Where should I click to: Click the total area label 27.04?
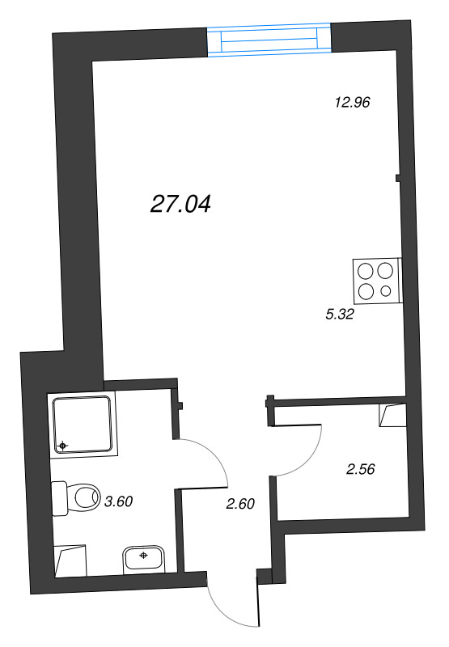coord(180,204)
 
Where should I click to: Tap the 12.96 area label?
coord(352,102)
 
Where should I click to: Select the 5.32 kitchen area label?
coord(340,315)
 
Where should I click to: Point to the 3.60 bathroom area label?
coord(118,501)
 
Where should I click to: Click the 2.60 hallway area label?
coord(240,503)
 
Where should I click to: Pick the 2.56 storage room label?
coord(361,469)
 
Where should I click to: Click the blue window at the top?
coord(269,39)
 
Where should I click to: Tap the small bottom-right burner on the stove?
coord(386,291)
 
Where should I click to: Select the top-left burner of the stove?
coord(366,271)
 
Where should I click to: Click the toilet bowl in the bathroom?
coord(87,497)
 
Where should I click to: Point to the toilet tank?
coord(60,498)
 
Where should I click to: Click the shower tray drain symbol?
coord(63,446)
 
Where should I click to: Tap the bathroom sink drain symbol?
coord(144,556)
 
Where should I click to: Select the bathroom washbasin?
coord(144,559)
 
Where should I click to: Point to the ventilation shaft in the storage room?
coord(392,415)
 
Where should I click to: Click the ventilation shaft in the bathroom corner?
coord(70,560)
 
